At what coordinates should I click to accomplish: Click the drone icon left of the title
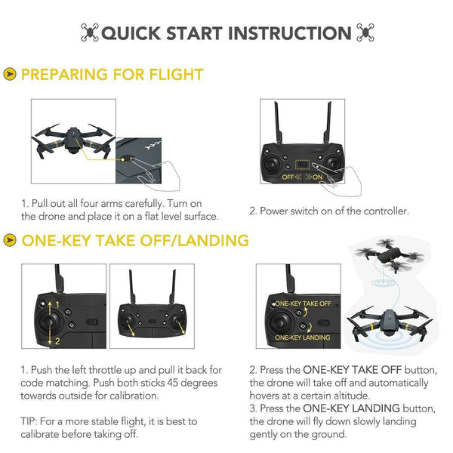tap(88, 32)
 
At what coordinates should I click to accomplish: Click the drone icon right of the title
tap(365, 32)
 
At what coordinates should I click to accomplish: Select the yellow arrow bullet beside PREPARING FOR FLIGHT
tap(10, 74)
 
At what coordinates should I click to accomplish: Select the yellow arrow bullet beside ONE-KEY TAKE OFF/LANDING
tap(10, 241)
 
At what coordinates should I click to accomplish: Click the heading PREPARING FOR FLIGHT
tap(112, 74)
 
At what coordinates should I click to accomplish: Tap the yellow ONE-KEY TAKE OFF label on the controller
tap(303, 304)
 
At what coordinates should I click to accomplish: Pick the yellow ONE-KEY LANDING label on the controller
tap(303, 337)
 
